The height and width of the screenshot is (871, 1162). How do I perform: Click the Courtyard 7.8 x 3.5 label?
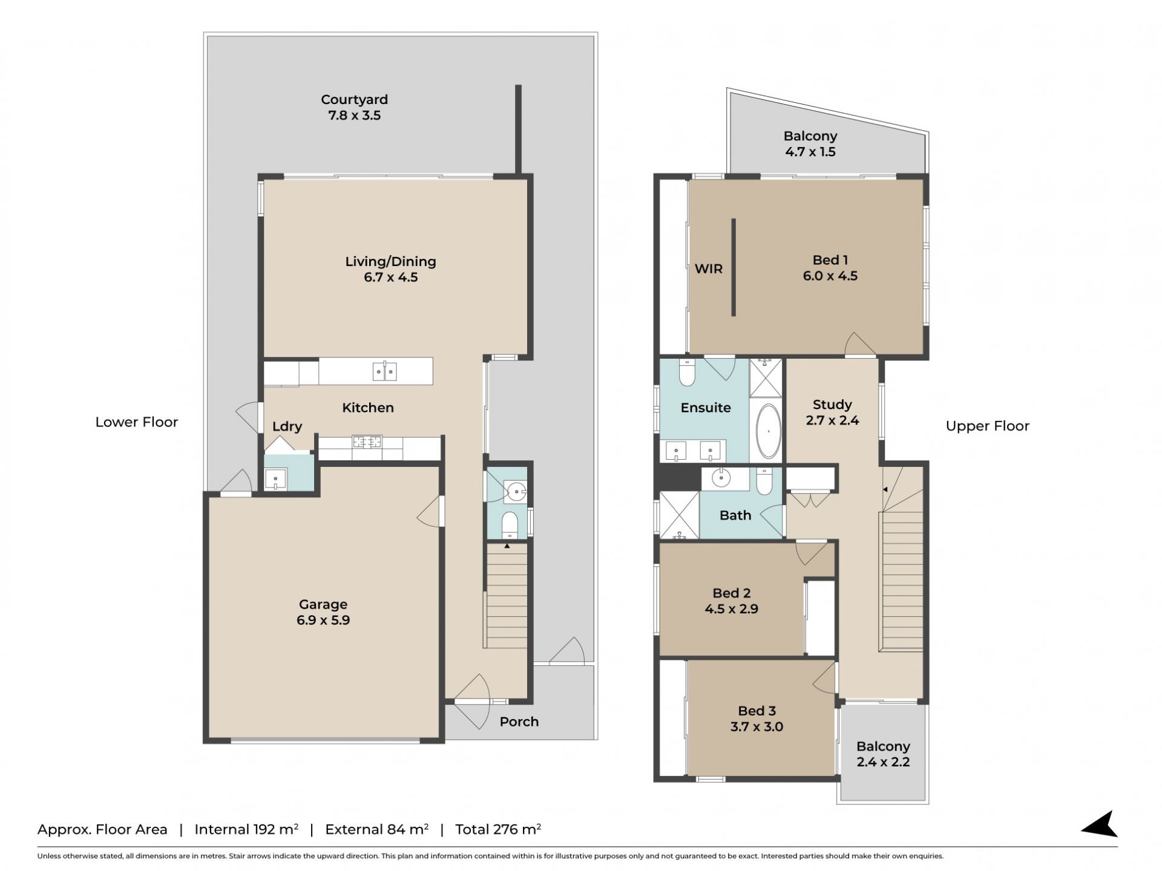(x=354, y=107)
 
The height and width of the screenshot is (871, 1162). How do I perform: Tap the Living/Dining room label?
(x=390, y=269)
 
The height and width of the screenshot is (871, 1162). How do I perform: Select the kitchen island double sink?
(x=384, y=371)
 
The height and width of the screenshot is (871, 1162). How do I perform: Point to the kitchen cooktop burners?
(x=367, y=442)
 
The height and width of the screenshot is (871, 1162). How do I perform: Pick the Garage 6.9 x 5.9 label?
(x=323, y=612)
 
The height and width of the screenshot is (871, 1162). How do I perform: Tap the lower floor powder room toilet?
(x=510, y=524)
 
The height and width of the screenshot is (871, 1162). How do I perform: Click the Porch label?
(x=519, y=722)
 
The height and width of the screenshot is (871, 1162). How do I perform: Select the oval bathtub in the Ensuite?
(x=769, y=431)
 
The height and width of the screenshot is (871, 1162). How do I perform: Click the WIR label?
(x=709, y=269)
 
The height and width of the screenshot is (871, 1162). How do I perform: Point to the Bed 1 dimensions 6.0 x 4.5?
(x=830, y=276)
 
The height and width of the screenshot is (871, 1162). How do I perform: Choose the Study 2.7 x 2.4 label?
(x=832, y=412)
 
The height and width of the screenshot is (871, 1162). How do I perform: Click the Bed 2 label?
(x=732, y=593)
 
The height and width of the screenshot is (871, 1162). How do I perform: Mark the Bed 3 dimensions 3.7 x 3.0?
(x=757, y=727)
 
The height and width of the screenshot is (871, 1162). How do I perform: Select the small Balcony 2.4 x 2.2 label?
(x=883, y=754)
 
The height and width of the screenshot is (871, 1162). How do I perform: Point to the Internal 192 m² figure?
(x=246, y=829)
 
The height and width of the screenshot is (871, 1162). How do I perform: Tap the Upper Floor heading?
(x=987, y=426)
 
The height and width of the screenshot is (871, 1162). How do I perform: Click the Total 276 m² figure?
(x=498, y=829)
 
